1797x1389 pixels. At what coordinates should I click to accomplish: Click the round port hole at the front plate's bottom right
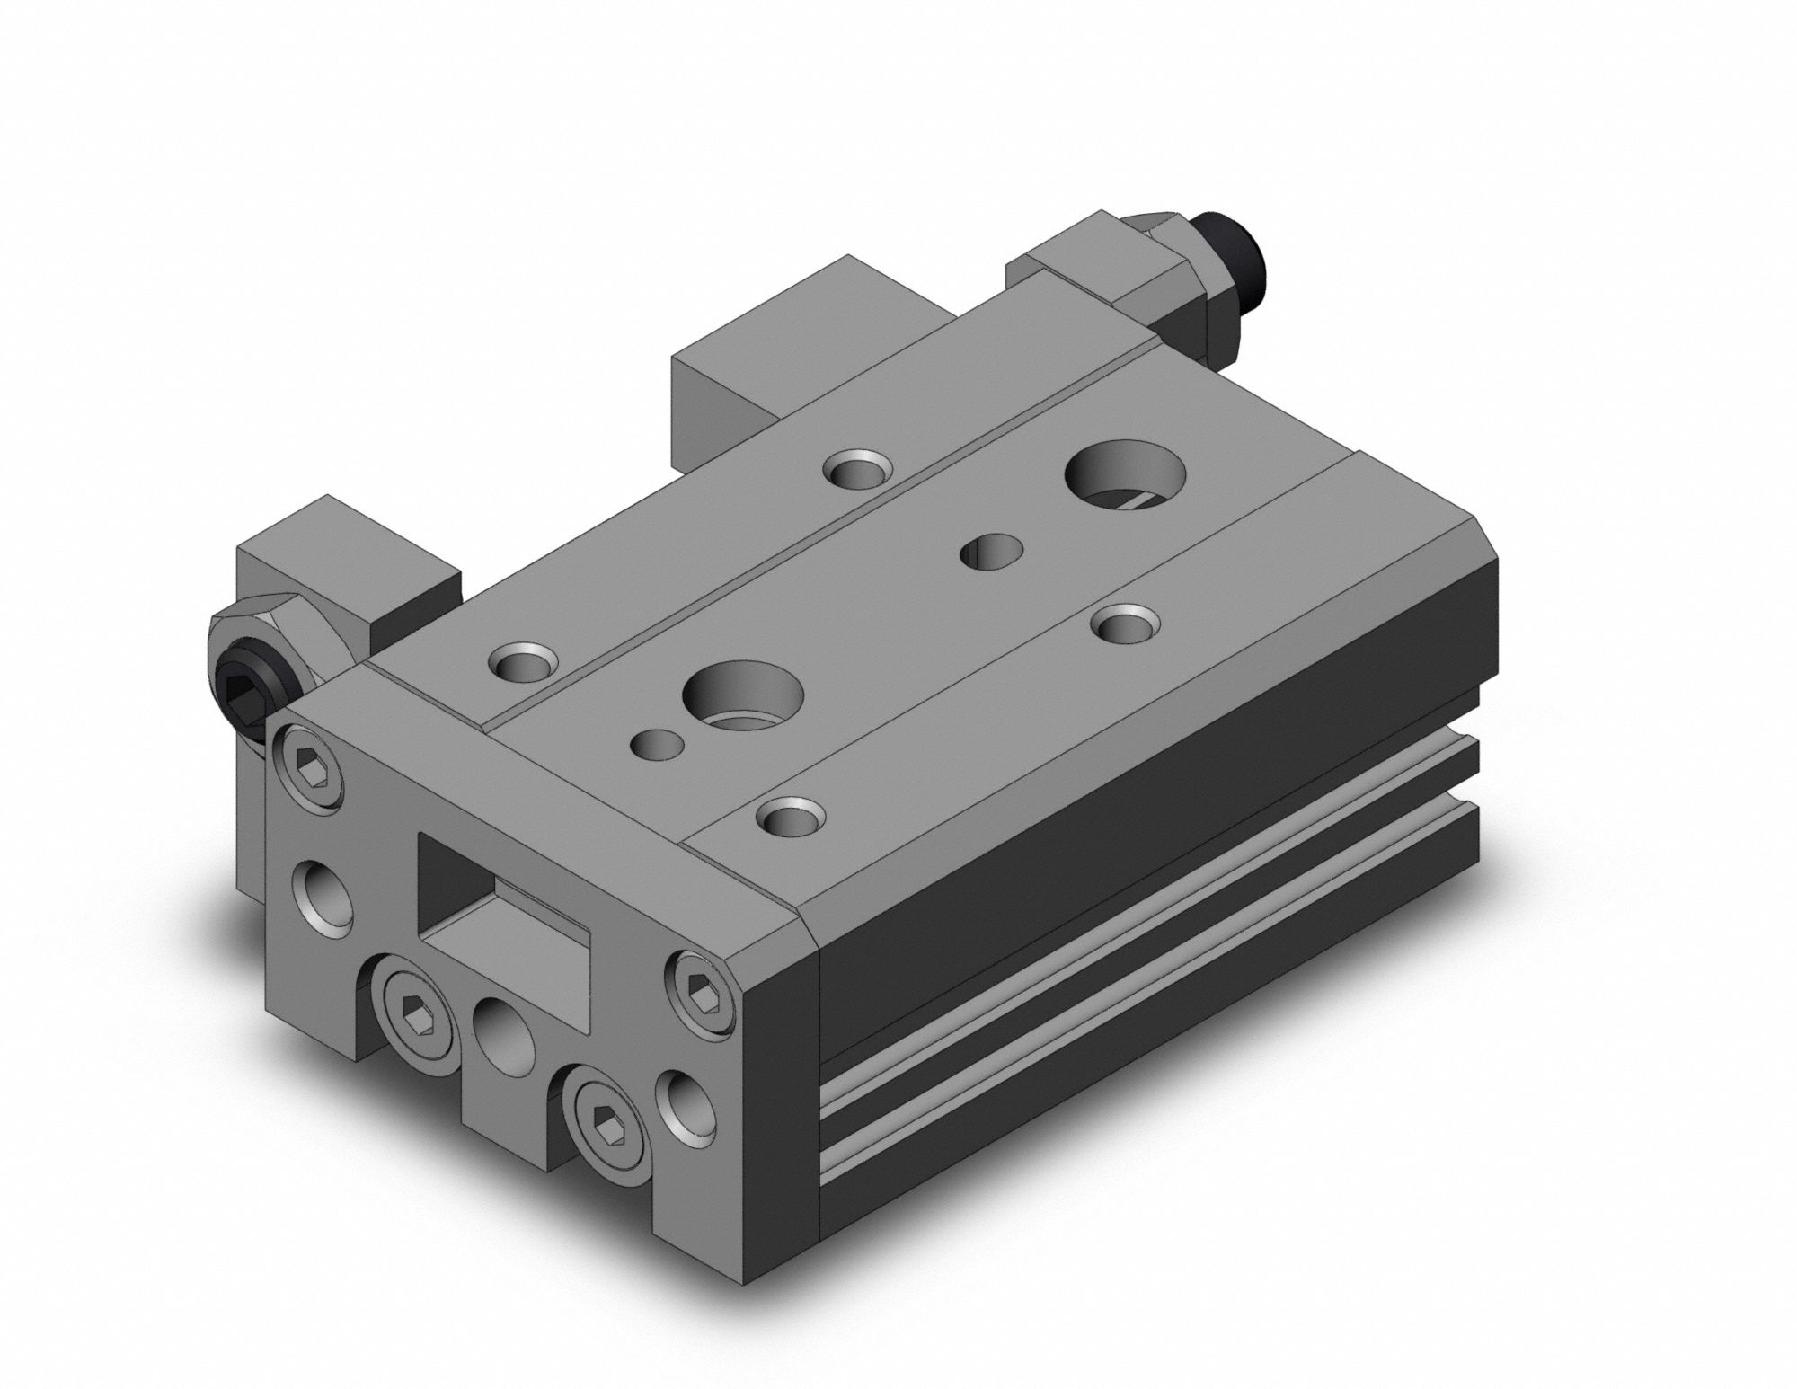pyautogui.click(x=685, y=1102)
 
